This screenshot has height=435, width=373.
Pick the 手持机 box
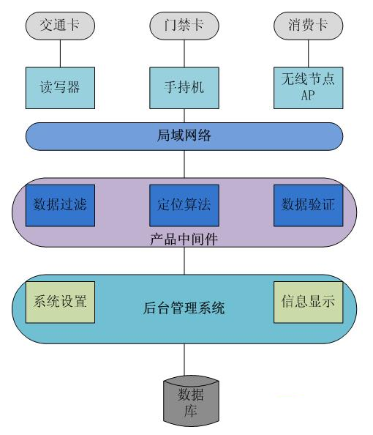(x=183, y=86)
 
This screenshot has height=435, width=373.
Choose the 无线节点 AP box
(x=308, y=86)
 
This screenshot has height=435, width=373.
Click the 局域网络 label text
(x=184, y=135)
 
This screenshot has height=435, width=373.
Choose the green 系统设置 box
(x=60, y=300)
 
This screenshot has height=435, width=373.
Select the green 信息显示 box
(x=308, y=300)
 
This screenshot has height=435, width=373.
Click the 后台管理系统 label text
(x=183, y=308)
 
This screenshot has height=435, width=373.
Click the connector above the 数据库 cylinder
(x=184, y=359)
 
